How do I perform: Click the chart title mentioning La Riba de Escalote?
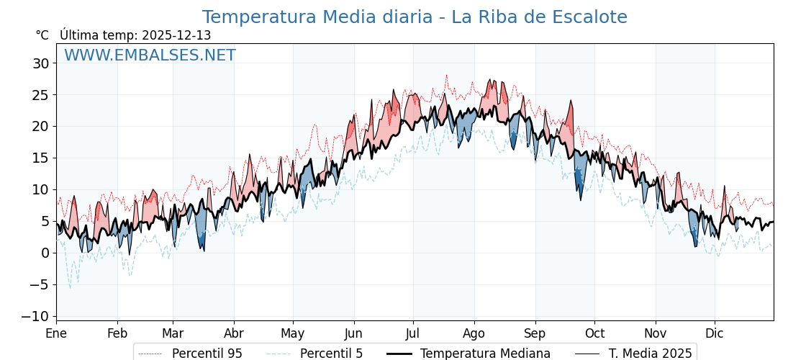415,17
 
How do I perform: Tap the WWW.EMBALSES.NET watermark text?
150,55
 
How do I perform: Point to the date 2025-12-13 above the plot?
176,35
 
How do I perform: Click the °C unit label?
42,35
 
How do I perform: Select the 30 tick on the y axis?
41,63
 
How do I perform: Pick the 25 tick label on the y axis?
41,95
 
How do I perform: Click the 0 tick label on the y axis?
45,253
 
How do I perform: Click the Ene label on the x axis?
56,333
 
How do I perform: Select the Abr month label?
234,333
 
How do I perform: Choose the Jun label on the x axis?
353,333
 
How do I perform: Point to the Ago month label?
474,333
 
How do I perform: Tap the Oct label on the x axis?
594,333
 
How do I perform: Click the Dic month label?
715,333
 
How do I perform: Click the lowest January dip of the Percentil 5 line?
70,288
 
